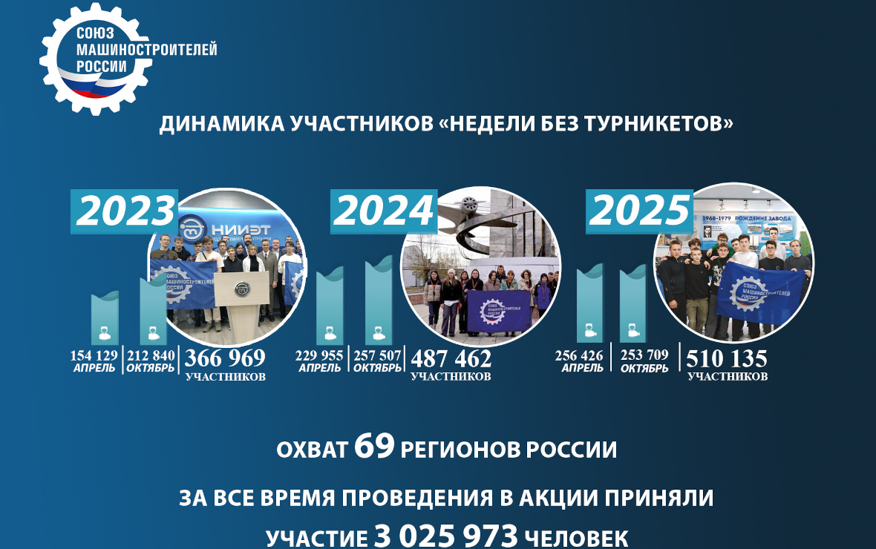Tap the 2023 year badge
pyautogui.click(x=124, y=212)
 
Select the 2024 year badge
pyautogui.click(x=383, y=211)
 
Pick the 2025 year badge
pyautogui.click(x=639, y=211)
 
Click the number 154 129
pyautogui.click(x=94, y=355)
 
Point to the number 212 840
pyautogui.click(x=151, y=355)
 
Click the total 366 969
pyautogui.click(x=225, y=358)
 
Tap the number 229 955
pyautogui.click(x=319, y=355)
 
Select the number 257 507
pyautogui.click(x=377, y=355)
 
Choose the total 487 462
pyautogui.click(x=451, y=358)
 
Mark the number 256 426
pyautogui.click(x=581, y=355)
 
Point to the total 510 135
pyautogui.click(x=727, y=358)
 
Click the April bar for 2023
pyautogui.click(x=105, y=318)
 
